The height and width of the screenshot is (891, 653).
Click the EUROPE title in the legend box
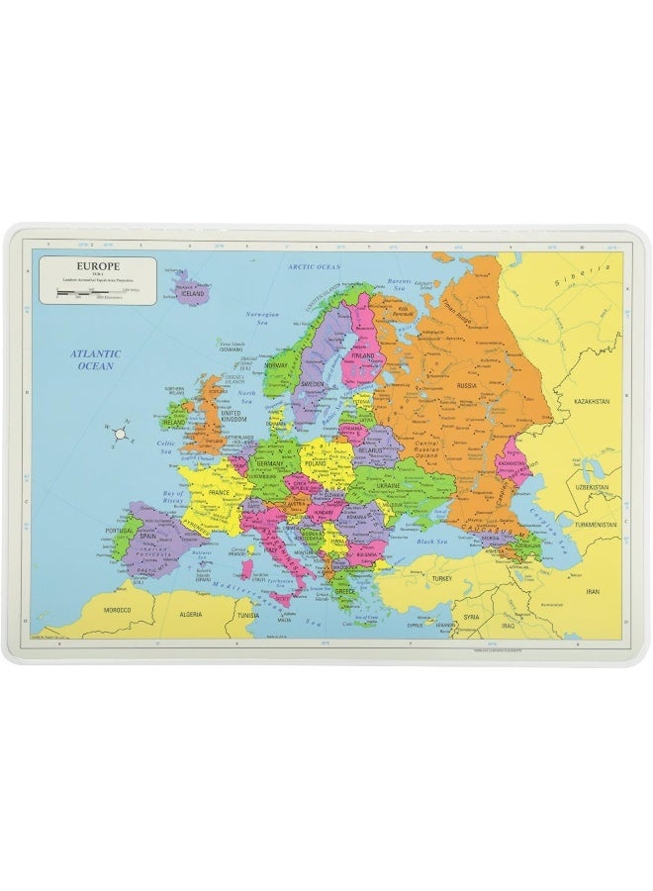tap(97, 265)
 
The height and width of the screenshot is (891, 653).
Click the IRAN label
tap(594, 591)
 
